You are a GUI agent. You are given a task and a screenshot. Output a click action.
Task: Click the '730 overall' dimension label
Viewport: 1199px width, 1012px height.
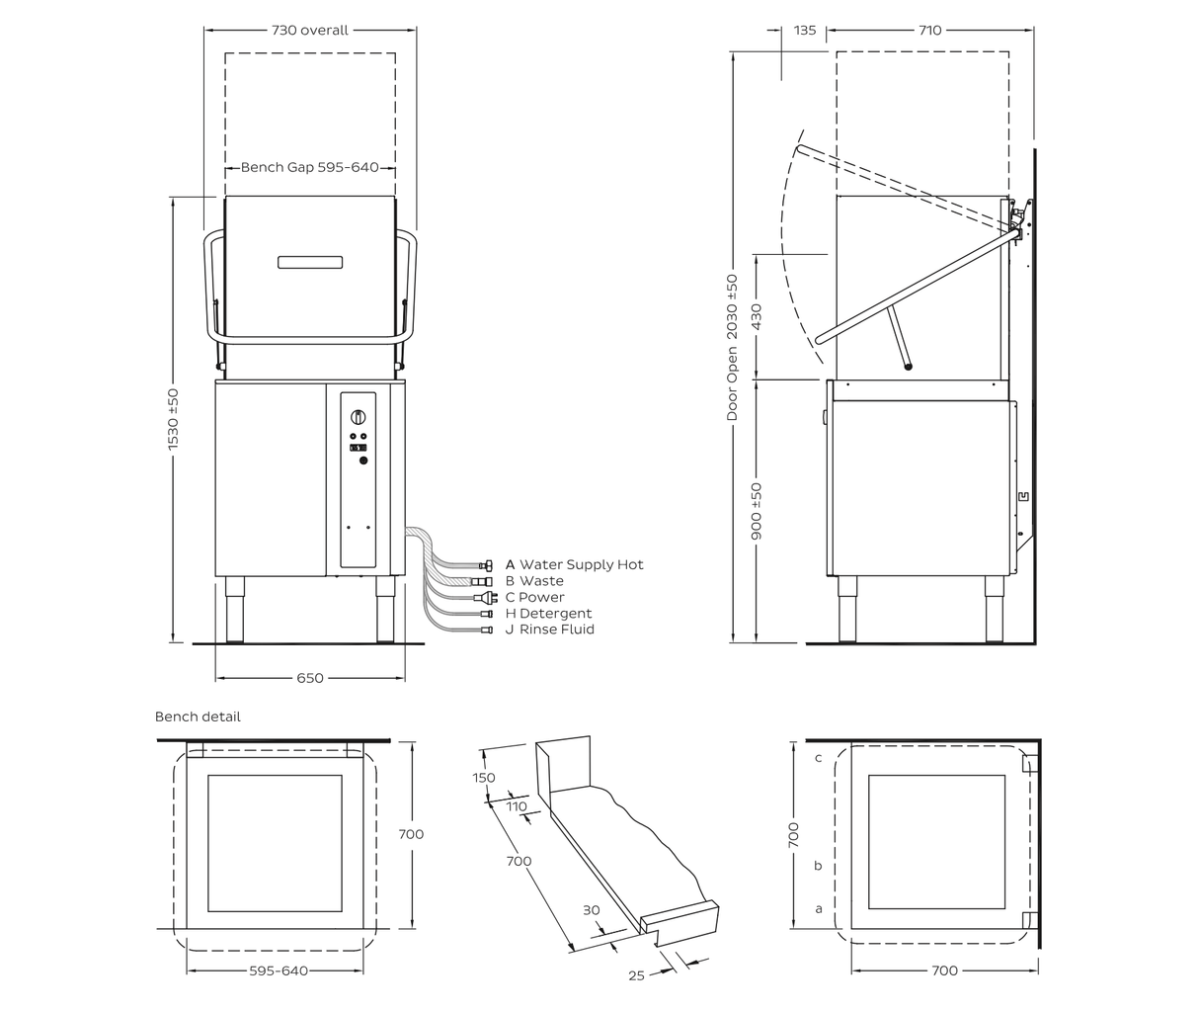pos(309,30)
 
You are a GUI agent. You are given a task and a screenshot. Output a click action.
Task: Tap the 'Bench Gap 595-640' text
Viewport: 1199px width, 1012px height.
pos(309,167)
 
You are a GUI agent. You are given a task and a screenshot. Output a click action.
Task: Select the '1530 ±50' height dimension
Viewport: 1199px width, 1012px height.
pos(173,419)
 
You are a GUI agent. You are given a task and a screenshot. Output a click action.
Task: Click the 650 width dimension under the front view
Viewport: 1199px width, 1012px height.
pos(310,678)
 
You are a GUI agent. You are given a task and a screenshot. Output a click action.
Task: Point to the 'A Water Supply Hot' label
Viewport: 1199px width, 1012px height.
pos(574,564)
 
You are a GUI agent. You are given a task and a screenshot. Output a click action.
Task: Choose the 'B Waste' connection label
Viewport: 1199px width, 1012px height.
pos(534,580)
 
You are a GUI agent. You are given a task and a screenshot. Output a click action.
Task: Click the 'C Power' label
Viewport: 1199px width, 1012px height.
pos(534,597)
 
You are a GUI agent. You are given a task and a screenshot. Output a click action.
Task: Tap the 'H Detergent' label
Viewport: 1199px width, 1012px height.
pos(548,613)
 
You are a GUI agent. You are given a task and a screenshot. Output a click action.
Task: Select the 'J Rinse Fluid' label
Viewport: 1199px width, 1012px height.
pos(549,630)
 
